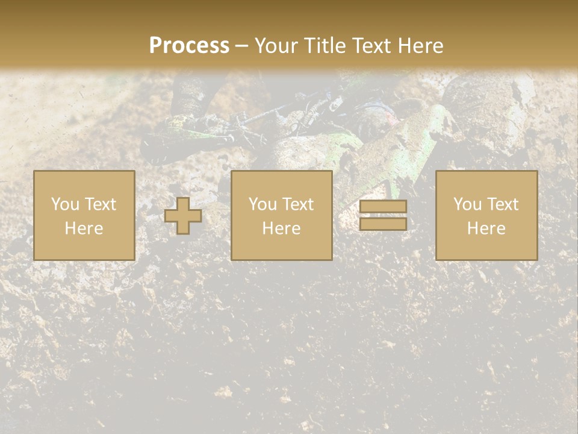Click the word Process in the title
coord(189,46)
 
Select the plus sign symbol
coord(183,215)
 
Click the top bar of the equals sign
coord(383,207)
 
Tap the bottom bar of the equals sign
coord(383,224)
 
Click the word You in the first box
coord(64,204)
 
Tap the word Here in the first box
coord(84,228)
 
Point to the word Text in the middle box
coord(298,204)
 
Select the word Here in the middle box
coord(282,228)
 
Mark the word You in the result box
coord(467,204)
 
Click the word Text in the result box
coord(503,204)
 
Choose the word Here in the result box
coord(486,228)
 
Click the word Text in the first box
coord(101,204)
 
